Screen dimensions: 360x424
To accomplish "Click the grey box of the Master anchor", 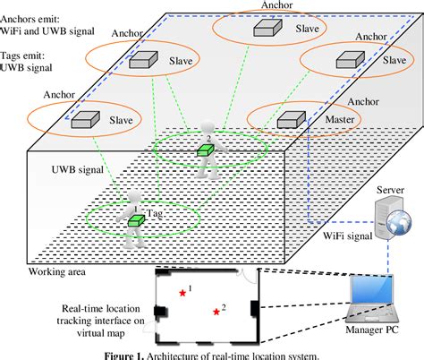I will point(288,118).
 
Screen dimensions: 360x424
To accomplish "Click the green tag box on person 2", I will point(205,150).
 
